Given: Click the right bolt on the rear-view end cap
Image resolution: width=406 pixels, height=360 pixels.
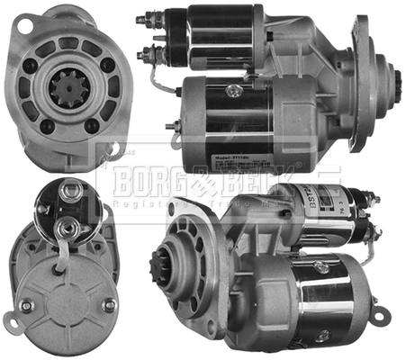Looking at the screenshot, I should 107,304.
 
